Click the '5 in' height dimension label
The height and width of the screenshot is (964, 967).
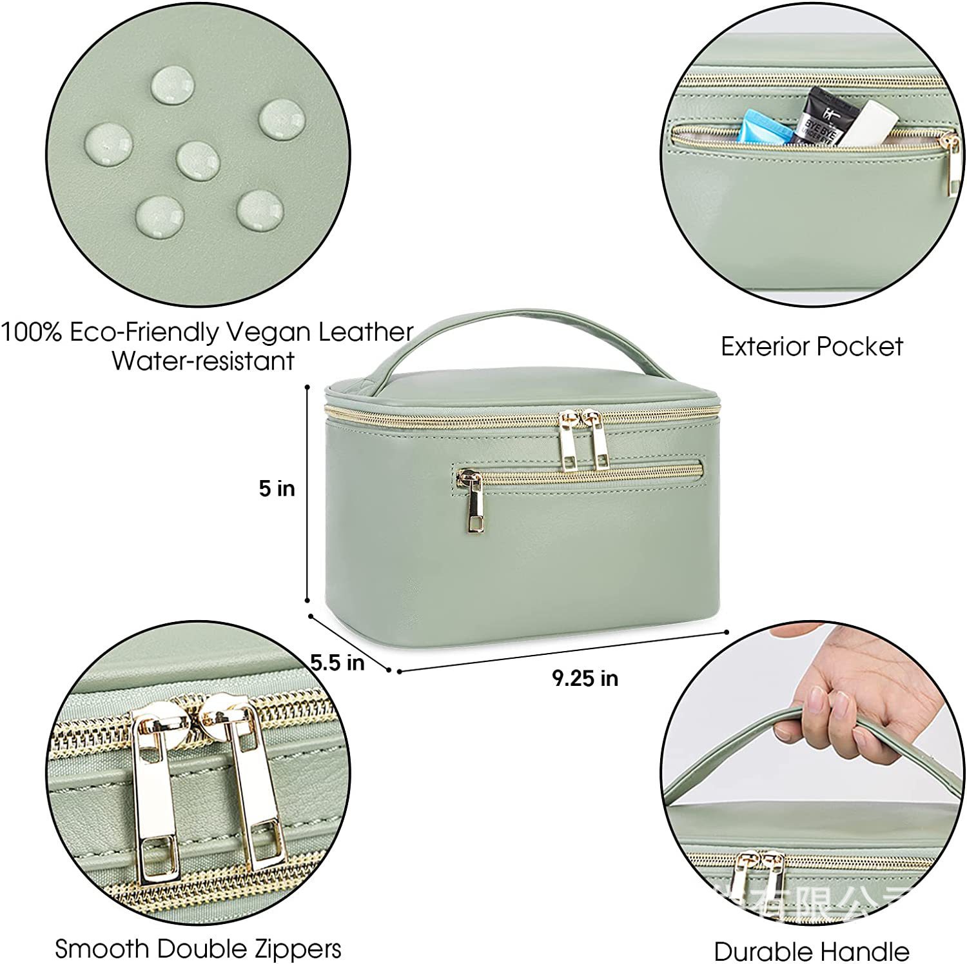[x=277, y=488]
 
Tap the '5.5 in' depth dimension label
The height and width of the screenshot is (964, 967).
[x=337, y=663]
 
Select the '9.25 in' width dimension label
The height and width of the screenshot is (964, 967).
[x=585, y=678]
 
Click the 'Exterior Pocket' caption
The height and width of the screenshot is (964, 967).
[x=812, y=347]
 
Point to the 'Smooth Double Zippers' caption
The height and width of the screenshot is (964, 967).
[x=198, y=949]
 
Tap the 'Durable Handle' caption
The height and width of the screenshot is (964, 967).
[x=811, y=951]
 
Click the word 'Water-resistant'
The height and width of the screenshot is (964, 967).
[x=203, y=361]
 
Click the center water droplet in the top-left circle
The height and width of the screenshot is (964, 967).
[x=197, y=160]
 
